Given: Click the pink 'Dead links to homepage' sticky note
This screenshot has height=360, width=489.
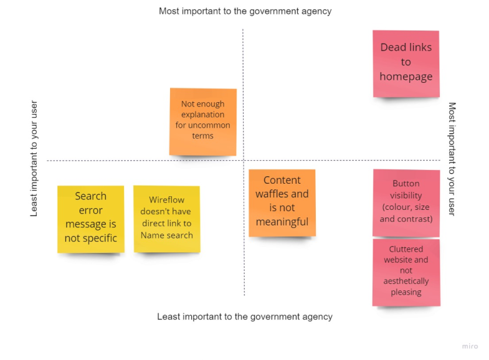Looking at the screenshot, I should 406,63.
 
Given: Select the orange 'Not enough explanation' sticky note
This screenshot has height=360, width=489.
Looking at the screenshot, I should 202,121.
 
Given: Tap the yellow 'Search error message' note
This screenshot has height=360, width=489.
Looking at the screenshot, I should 90,218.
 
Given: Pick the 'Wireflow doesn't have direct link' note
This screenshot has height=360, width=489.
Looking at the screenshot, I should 166,218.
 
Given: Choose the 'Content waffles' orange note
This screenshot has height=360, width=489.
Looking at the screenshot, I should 282,202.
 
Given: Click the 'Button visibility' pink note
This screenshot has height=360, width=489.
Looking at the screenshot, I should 406,202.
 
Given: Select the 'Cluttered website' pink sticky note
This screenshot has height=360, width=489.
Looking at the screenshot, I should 406,272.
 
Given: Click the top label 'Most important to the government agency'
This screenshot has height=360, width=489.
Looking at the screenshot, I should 245,11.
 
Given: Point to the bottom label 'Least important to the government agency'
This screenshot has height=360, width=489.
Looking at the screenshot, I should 244,316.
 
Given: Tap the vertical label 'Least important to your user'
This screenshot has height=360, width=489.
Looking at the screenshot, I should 34,158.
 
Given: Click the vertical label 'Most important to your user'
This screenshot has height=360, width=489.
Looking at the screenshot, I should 452,159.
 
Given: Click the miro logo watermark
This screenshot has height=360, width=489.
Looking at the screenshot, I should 470,346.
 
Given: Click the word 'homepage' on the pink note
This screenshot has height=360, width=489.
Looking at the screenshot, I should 406,77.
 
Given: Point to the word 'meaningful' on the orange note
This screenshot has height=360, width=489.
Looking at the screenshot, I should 282,222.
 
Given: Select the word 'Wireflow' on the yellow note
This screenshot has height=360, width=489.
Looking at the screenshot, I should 166,201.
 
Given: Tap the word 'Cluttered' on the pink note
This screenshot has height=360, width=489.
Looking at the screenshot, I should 406,249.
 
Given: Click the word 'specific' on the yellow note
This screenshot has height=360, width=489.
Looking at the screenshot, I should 99,238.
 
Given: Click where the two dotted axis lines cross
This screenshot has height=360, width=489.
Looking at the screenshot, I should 244,161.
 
